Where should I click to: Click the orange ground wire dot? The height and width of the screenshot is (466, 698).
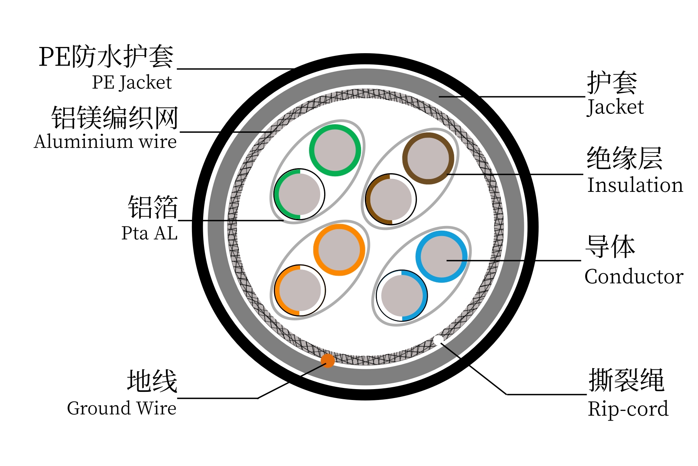(x=328, y=360)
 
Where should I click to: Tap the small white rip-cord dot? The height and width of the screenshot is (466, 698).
(x=438, y=340)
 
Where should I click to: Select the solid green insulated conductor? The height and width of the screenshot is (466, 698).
(x=335, y=150)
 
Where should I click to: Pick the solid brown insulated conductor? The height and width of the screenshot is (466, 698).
(x=428, y=158)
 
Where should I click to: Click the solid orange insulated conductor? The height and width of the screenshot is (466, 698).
(x=339, y=250)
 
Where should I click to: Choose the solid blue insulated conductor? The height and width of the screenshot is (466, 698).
(x=441, y=257)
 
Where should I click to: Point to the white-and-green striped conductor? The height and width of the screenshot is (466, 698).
(x=299, y=194)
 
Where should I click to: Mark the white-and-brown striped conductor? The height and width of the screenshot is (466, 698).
(x=391, y=199)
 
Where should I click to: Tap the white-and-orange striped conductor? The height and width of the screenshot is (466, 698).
(x=300, y=290)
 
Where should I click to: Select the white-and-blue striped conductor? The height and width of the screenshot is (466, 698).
(x=402, y=296)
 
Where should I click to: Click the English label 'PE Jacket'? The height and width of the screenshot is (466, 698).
(x=132, y=82)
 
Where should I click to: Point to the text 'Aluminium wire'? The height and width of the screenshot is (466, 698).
(x=105, y=141)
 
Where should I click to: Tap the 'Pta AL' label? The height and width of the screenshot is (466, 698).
(x=149, y=233)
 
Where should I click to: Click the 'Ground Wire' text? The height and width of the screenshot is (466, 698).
(x=122, y=408)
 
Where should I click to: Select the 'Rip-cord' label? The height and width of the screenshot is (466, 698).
(x=628, y=409)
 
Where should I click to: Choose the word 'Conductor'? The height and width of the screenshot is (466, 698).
(x=634, y=276)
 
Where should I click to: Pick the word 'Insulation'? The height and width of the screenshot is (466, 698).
(x=635, y=185)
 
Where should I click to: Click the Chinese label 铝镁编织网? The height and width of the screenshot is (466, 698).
(x=115, y=118)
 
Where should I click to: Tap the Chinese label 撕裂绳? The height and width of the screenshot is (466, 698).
(x=626, y=381)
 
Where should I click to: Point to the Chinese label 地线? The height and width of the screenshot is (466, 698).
(x=152, y=381)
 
